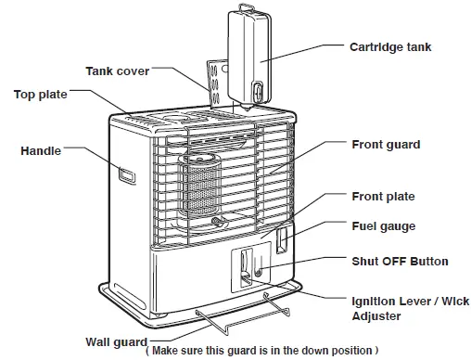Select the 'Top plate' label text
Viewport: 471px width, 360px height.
point(40,94)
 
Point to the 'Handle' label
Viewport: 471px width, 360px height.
point(42,149)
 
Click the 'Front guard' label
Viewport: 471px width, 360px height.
point(386,145)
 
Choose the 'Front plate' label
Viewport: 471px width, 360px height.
point(383,197)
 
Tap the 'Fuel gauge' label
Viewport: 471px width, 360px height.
point(383,225)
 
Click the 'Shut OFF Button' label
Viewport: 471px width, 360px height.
point(400,262)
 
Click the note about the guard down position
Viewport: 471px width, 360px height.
point(262,351)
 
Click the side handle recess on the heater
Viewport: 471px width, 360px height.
point(125,173)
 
